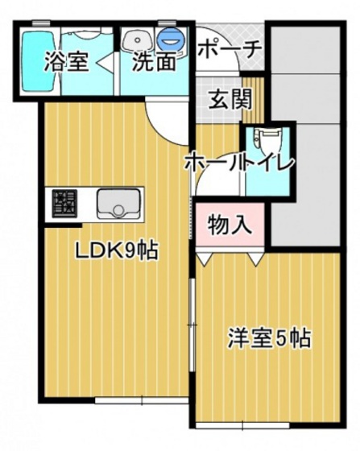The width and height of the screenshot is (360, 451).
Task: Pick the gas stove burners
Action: click(63, 204)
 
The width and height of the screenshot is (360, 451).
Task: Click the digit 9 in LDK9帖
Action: click(129, 250)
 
